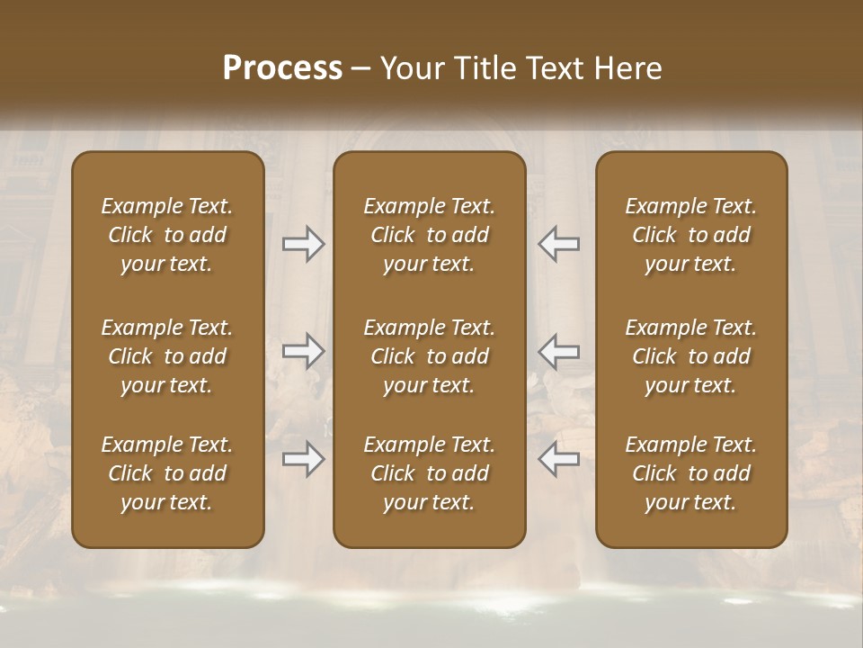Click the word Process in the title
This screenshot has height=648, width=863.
pos(282,67)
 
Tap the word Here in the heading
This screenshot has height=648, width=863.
pos(627,67)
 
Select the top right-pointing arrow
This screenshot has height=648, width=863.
pos(303,244)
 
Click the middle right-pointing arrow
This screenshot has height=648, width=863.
pos(303,351)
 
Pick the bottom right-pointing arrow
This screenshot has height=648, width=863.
pos(303,459)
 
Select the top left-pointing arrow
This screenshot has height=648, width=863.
pos(558,244)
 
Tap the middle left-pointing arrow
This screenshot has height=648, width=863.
pos(558,351)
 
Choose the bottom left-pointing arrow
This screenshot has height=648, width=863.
pos(558,459)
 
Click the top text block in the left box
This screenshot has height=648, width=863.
pos(167,235)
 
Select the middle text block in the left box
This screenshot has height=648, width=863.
pos(167,356)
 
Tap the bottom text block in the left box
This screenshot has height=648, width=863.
pos(167,473)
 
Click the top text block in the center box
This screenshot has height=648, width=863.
pos(429,235)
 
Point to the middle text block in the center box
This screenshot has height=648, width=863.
pos(429,356)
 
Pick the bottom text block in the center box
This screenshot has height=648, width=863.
pos(429,473)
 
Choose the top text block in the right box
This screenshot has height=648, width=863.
pos(690,235)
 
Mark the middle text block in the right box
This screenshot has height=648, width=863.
pos(690,356)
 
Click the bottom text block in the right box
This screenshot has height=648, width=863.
pos(690,473)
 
